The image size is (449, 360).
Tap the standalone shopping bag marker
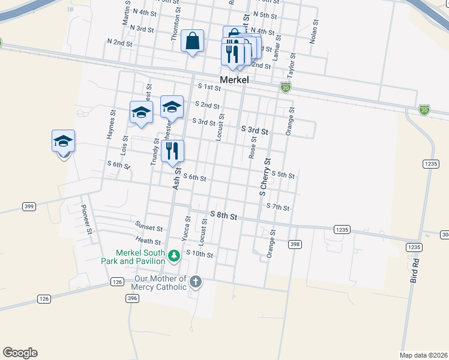pyautogui.click(x=192, y=42)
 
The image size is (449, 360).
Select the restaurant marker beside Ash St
pyautogui.click(x=172, y=151)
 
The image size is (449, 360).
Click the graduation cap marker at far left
pyautogui.click(x=63, y=142)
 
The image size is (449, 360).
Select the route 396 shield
pyautogui.click(x=132, y=298)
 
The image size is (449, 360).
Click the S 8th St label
pyautogui.click(x=224, y=215)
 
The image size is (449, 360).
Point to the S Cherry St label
pyautogui.click(x=265, y=177)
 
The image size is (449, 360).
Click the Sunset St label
pyautogui.click(x=149, y=228)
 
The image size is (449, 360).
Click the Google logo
pyautogui.click(x=20, y=353)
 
